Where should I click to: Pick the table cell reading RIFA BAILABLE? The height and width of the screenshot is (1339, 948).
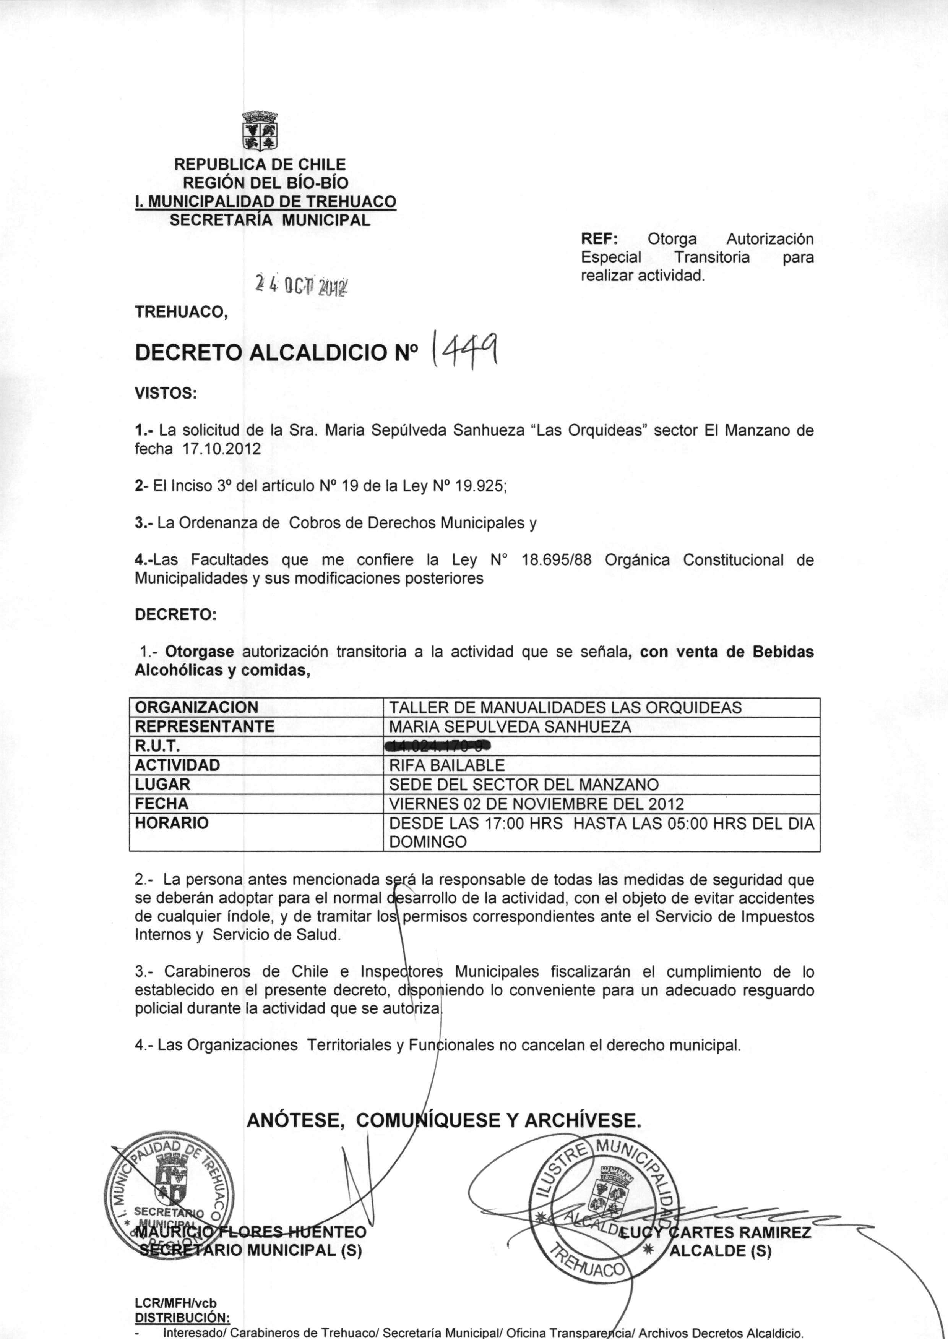tap(446, 765)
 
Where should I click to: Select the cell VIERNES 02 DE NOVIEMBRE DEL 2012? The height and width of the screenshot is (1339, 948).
tap(536, 804)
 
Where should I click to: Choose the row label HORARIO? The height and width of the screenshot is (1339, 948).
tap(172, 823)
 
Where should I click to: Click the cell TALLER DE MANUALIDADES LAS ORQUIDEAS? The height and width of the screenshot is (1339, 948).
tap(565, 708)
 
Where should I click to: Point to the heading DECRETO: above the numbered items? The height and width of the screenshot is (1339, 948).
tap(175, 614)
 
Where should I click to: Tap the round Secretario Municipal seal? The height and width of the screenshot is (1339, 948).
tap(168, 1197)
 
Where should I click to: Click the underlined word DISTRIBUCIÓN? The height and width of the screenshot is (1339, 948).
tap(182, 1318)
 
